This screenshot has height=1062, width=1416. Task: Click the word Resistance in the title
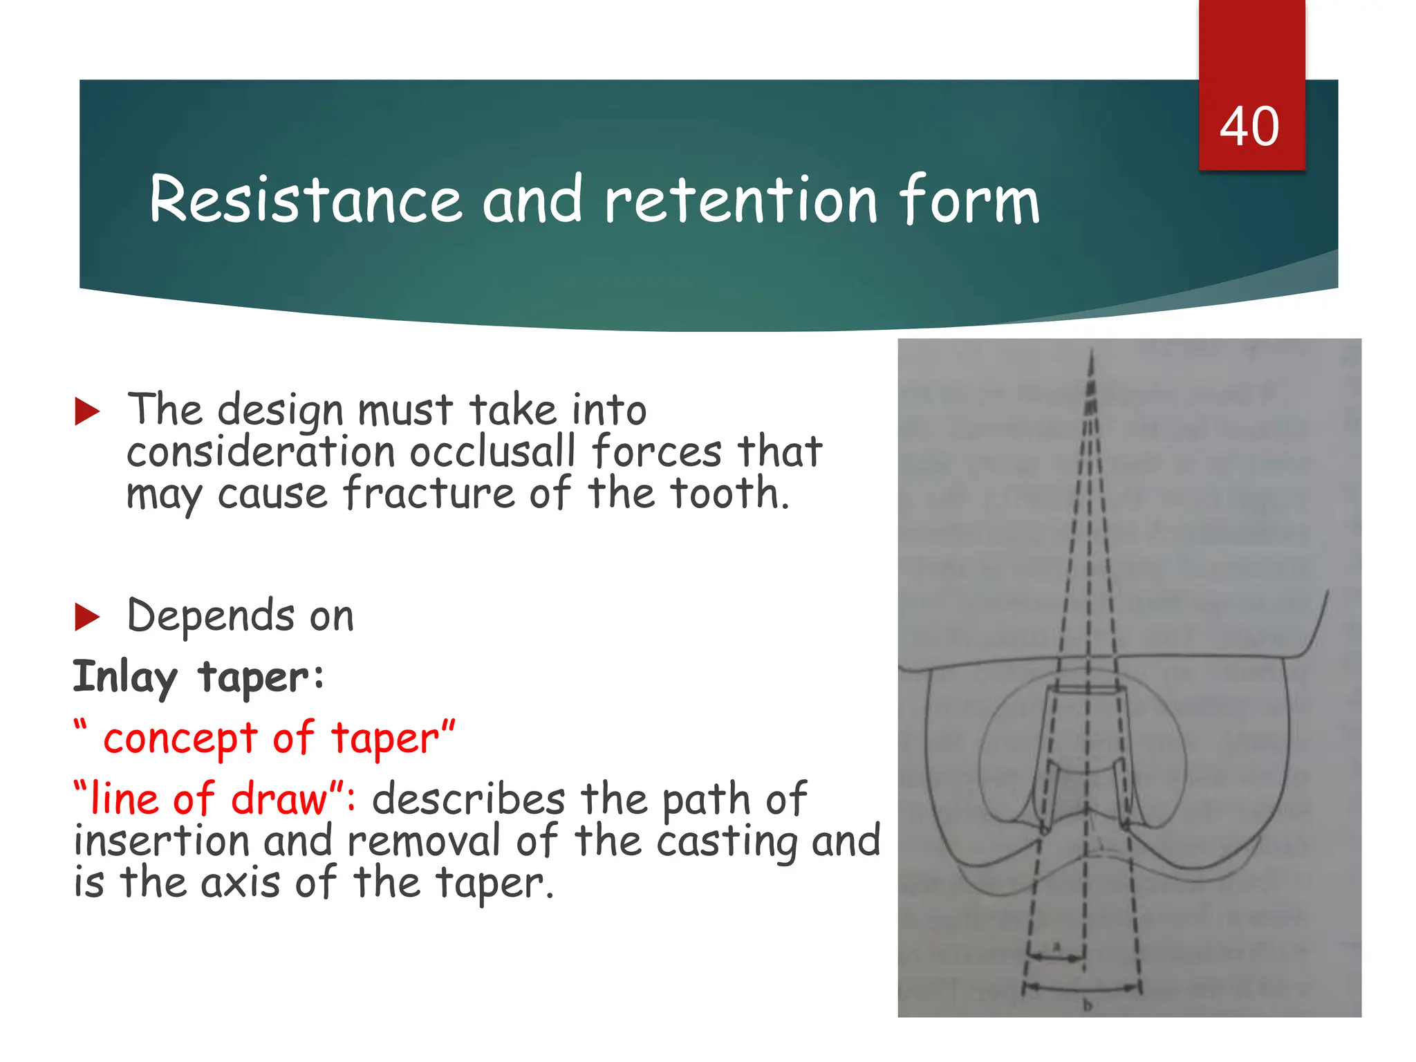click(305, 200)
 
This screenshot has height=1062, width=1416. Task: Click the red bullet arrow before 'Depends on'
click(87, 617)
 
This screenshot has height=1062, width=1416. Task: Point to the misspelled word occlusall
click(492, 452)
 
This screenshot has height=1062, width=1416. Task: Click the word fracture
click(429, 494)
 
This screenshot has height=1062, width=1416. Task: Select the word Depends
click(211, 617)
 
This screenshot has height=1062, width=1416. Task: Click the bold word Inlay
click(124, 678)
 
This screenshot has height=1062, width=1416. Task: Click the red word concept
click(180, 738)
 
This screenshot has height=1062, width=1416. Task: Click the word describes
click(468, 800)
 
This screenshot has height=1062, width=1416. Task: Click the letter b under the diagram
click(1087, 1005)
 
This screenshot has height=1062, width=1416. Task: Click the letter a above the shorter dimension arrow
click(1056, 944)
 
